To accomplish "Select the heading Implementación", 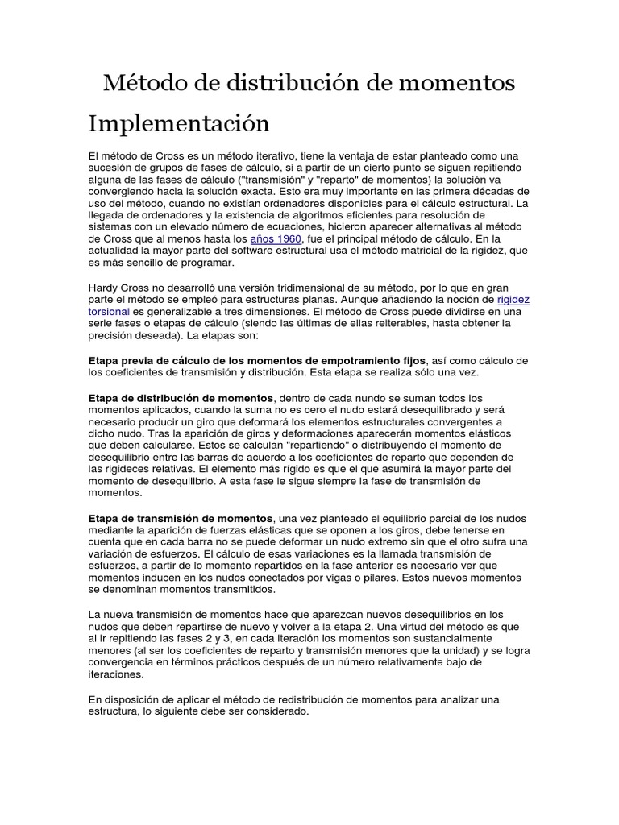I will click(x=177, y=125).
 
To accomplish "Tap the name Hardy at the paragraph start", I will click(x=104, y=287).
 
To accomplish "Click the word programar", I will click(x=208, y=263).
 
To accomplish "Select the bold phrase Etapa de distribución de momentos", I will click(x=181, y=398).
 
